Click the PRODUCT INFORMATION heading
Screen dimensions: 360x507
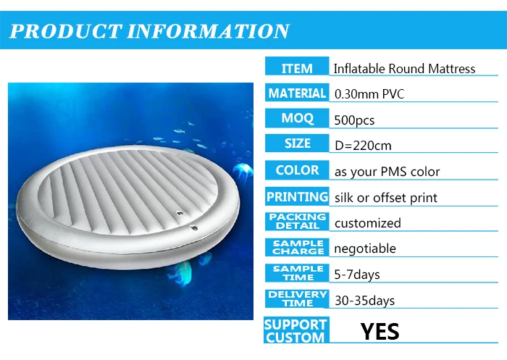pos(149,31)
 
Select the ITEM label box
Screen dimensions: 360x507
pos(297,68)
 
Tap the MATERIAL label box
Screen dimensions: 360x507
pos(297,93)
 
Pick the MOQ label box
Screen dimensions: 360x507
pos(297,119)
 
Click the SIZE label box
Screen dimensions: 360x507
pos(297,144)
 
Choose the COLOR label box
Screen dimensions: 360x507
pos(297,171)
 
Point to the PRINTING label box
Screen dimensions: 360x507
pos(297,197)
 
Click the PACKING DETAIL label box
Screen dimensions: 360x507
pos(297,222)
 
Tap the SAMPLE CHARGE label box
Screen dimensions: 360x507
pos(297,248)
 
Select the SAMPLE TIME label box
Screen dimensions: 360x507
pos(297,273)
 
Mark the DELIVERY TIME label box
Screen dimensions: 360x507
pos(297,298)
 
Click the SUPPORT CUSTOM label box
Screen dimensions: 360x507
pos(295,331)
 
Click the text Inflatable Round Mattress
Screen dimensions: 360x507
pos(404,69)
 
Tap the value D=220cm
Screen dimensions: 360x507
pos(362,146)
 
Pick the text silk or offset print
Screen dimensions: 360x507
pos(385,198)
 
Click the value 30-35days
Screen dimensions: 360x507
pos(364,300)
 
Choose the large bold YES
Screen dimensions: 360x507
pos(380,332)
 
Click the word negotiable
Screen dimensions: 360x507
pos(364,248)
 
